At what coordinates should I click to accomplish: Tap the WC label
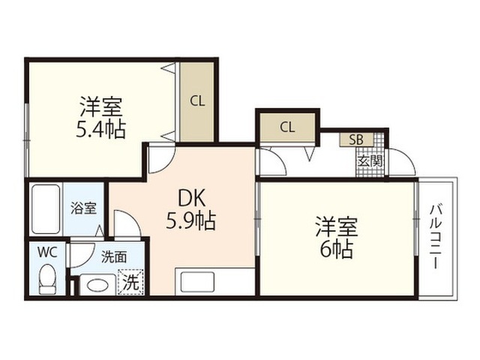click(47, 253)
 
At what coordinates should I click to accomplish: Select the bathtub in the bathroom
click(46, 209)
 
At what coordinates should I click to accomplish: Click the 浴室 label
click(83, 208)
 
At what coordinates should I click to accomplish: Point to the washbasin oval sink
click(97, 285)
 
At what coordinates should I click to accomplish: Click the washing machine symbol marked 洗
click(130, 282)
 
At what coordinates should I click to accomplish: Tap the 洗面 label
click(114, 257)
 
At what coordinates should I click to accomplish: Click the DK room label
click(192, 198)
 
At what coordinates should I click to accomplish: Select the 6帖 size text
click(336, 250)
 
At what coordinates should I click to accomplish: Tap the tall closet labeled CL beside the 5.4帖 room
click(196, 102)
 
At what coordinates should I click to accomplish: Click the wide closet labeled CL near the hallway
click(287, 127)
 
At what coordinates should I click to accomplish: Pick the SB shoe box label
click(356, 139)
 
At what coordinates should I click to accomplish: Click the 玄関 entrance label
click(370, 161)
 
